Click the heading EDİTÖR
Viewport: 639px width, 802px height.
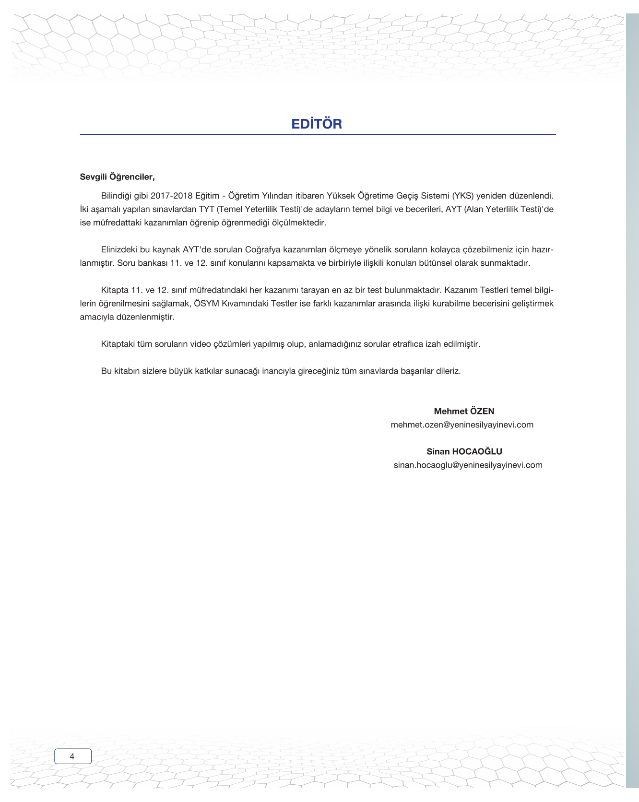316,124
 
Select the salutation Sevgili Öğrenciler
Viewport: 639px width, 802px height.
117,177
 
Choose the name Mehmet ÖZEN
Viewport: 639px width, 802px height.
464,411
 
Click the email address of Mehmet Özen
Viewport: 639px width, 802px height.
462,425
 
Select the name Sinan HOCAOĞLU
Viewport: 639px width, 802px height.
464,451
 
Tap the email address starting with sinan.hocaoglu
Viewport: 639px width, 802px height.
468,465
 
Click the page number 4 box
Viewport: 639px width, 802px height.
72,756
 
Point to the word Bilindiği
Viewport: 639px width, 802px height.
118,196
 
